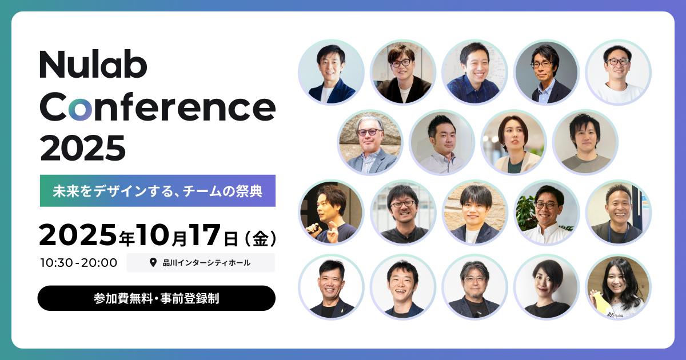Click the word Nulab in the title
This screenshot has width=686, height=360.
93,65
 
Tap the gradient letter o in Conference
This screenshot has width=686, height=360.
80,109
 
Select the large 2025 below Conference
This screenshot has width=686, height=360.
83,148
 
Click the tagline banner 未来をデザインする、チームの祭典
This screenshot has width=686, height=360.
157,191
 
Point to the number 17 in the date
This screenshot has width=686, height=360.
205,235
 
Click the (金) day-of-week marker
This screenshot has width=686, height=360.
261,238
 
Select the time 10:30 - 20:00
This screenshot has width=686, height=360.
78,263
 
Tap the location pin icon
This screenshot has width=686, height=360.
153,262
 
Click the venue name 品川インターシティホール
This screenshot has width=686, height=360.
206,263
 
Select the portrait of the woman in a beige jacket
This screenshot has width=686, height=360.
513,143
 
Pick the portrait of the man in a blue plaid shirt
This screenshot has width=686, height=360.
474,73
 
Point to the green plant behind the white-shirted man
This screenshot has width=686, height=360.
526,213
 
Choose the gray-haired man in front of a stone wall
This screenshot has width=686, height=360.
370,143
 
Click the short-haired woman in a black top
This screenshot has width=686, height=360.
547,287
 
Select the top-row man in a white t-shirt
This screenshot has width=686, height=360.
619,73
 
